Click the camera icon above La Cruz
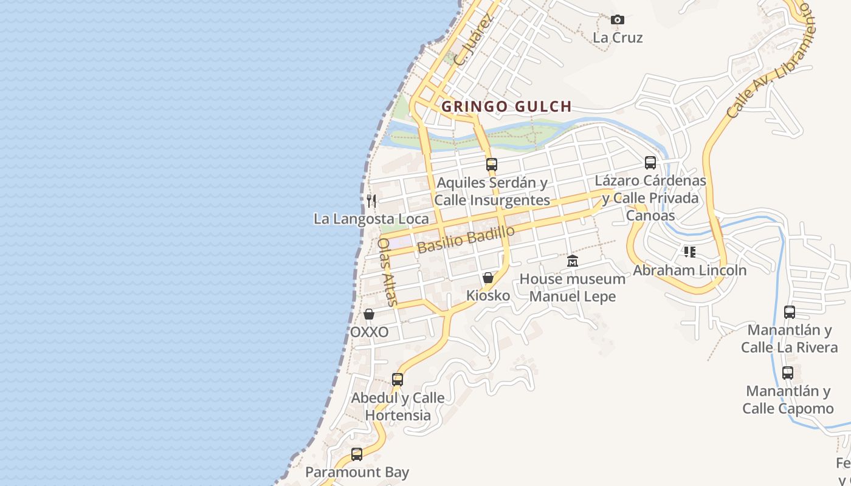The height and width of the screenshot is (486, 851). (618, 20)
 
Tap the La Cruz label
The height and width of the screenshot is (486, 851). (618, 38)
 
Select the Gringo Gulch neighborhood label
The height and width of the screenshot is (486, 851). (506, 107)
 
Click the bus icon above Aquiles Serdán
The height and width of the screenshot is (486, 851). (492, 164)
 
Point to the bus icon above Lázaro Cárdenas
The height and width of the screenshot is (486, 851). (650, 163)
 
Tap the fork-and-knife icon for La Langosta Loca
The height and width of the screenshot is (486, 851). (371, 200)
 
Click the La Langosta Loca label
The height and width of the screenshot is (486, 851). (371, 219)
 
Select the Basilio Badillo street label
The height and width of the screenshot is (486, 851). (466, 239)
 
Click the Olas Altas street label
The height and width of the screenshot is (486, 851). (387, 272)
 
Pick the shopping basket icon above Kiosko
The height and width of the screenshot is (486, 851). (488, 278)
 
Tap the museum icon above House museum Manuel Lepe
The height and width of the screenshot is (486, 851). (573, 261)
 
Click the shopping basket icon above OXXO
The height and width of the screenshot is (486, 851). (369, 314)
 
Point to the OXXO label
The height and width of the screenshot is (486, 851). (369, 332)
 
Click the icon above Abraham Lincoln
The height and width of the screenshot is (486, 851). (689, 252)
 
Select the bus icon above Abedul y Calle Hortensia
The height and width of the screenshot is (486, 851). (398, 380)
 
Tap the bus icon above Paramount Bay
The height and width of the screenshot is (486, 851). (357, 454)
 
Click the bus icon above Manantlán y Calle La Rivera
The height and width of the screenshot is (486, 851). (790, 312)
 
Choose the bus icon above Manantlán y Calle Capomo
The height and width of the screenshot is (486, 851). (788, 372)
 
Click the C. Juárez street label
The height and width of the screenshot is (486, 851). (471, 41)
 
